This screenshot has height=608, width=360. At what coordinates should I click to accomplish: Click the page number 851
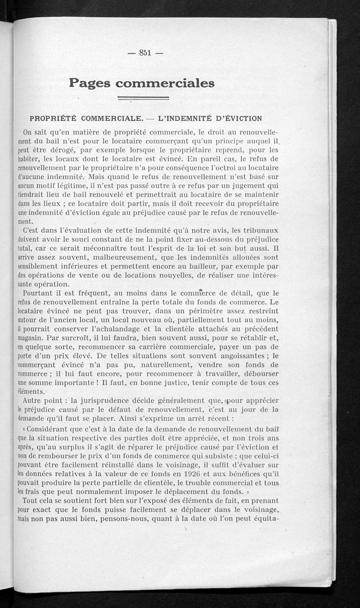(144, 53)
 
